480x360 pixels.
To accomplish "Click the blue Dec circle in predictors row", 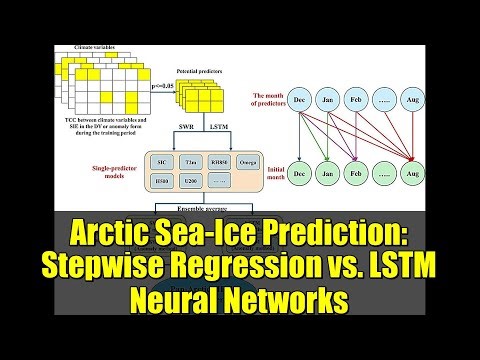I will (x=301, y=101).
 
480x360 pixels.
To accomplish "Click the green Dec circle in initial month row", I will (x=301, y=173).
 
